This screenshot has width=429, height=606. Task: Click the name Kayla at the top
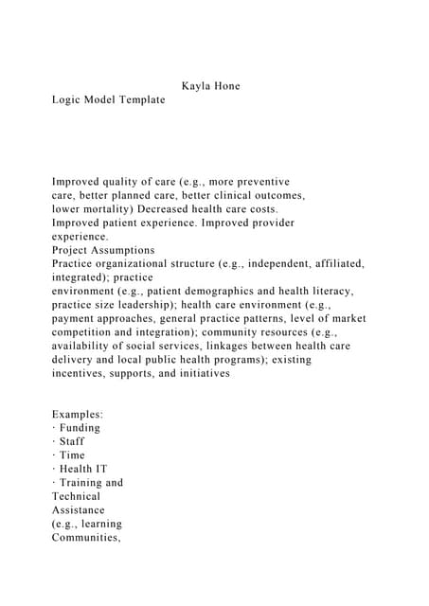click(x=195, y=86)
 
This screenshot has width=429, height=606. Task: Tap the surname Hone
click(x=227, y=86)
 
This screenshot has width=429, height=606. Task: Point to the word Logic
click(x=67, y=99)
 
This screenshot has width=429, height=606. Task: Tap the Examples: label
click(x=78, y=415)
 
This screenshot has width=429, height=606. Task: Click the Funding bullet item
click(x=80, y=428)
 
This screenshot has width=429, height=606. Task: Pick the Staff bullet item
click(x=72, y=441)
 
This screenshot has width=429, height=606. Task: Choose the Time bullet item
click(x=72, y=455)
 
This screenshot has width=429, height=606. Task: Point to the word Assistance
click(x=79, y=509)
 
